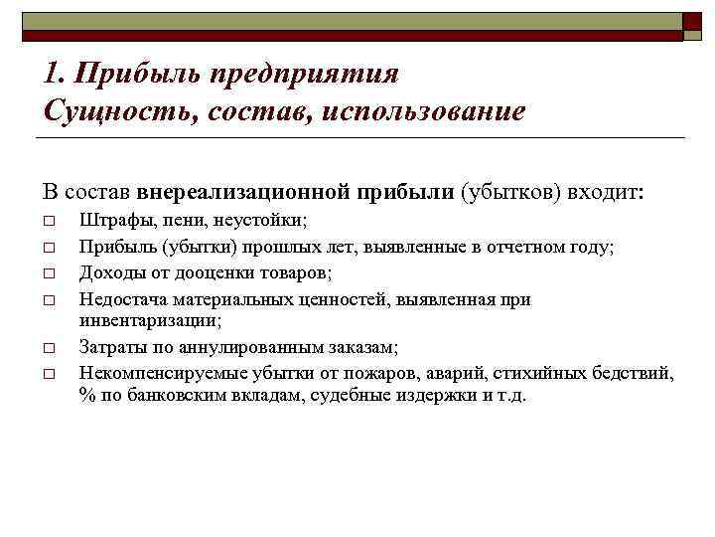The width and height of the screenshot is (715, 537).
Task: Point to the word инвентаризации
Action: [x=150, y=320]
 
